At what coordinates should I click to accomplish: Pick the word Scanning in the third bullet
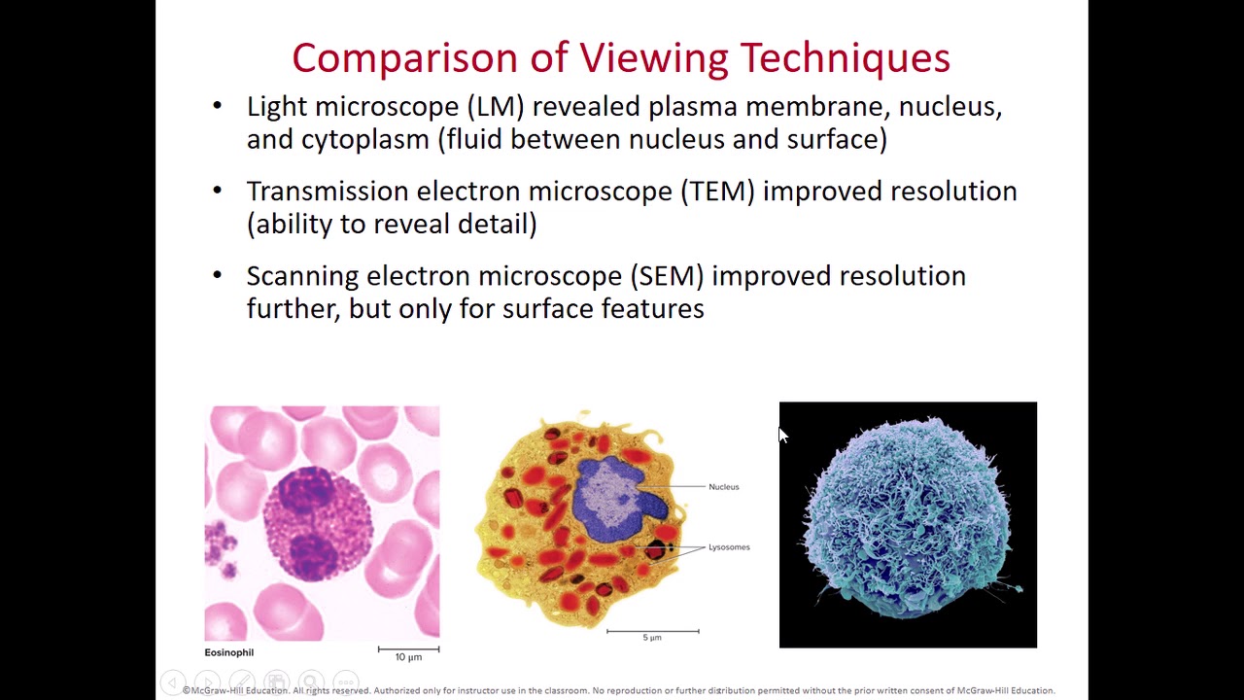tap(302, 276)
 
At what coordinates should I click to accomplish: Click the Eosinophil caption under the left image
tap(228, 652)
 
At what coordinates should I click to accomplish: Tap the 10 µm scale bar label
tap(408, 657)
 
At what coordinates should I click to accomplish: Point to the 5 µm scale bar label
tap(651, 638)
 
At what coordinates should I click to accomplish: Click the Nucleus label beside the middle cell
tap(723, 487)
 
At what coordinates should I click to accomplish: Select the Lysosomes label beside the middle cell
tap(729, 547)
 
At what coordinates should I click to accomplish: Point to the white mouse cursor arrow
tap(783, 436)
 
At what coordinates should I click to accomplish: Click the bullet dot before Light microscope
tap(217, 106)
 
